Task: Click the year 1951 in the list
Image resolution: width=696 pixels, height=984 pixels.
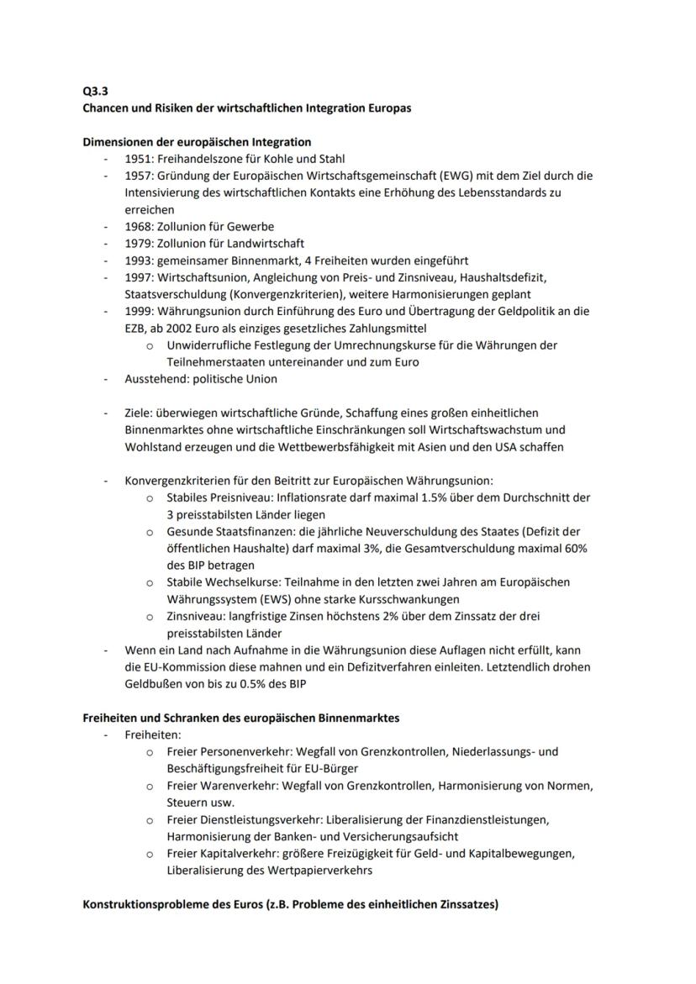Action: click(139, 159)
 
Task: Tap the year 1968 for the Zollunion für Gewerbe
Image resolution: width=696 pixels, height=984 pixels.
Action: click(139, 226)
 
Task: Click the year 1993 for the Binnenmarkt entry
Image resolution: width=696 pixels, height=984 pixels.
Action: click(139, 260)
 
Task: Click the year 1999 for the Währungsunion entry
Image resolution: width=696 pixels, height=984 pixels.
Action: click(139, 311)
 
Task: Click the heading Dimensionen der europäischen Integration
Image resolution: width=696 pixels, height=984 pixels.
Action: click(197, 142)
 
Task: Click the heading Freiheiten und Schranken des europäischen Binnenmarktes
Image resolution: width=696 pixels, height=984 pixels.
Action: click(240, 718)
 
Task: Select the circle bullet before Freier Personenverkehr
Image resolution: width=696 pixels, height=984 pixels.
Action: click(150, 752)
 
